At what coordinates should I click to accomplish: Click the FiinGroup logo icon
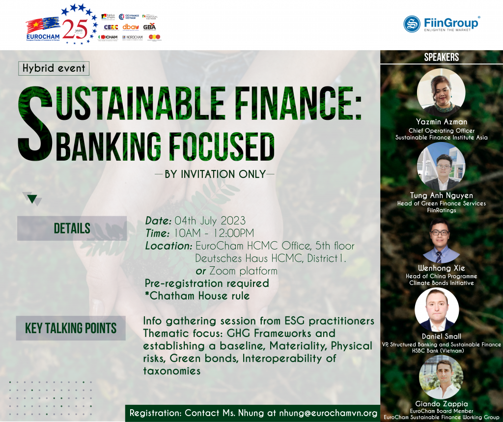click(412, 24)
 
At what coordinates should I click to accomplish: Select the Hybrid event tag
click(54, 68)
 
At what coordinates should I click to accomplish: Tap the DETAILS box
click(72, 228)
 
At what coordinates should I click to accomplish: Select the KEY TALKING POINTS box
click(71, 328)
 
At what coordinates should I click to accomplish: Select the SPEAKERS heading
click(441, 57)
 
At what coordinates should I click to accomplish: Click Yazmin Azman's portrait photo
click(441, 92)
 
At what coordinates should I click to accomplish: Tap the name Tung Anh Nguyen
click(441, 196)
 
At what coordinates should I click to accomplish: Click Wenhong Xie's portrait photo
click(441, 240)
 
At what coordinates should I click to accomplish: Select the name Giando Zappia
click(441, 404)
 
